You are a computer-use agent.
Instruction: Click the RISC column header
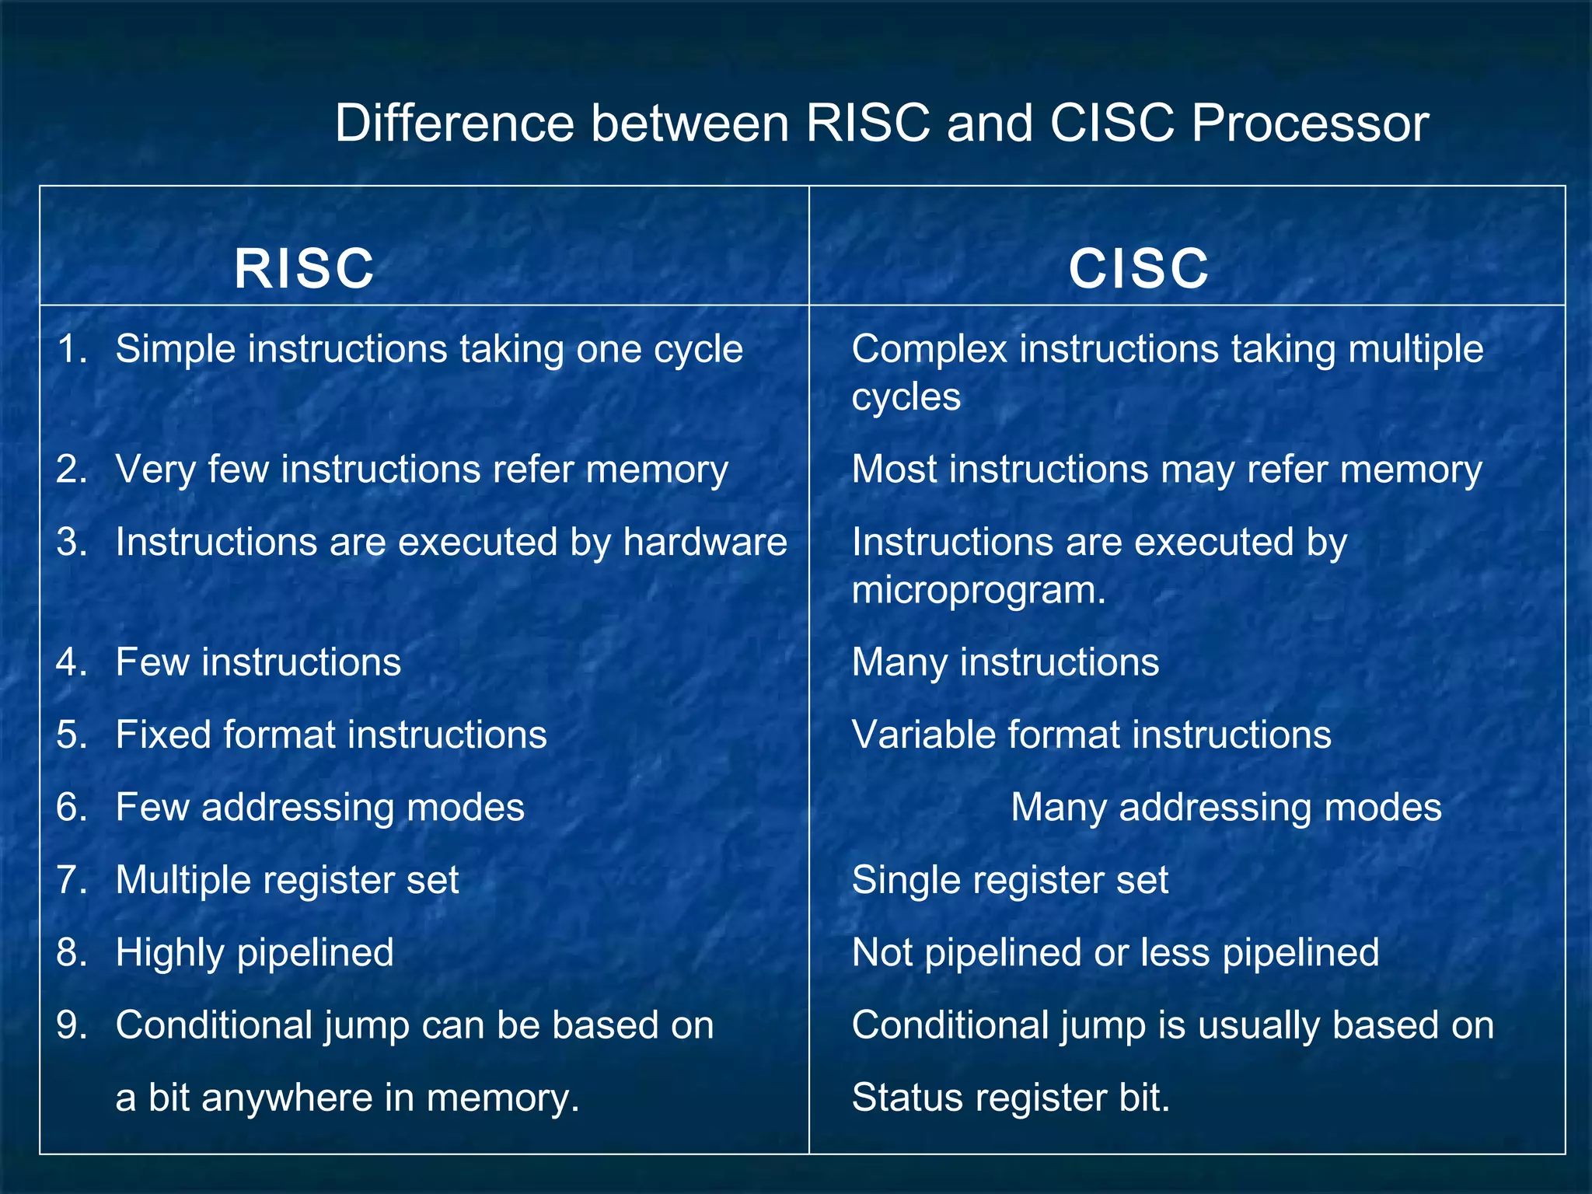click(304, 269)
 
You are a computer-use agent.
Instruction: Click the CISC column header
click(1138, 269)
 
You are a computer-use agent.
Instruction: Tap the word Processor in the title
click(1310, 124)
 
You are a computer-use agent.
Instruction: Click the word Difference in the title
click(454, 124)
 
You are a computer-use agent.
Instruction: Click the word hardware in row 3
click(705, 542)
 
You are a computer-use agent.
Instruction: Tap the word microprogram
click(978, 590)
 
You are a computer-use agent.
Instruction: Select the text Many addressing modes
click(1226, 807)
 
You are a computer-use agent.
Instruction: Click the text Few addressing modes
click(319, 807)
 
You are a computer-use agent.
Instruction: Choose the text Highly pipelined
click(254, 952)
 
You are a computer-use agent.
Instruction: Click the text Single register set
click(1010, 880)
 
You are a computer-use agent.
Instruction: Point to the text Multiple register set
click(287, 880)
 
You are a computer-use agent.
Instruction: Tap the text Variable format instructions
click(1091, 735)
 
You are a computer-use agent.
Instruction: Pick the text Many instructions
click(1005, 662)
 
